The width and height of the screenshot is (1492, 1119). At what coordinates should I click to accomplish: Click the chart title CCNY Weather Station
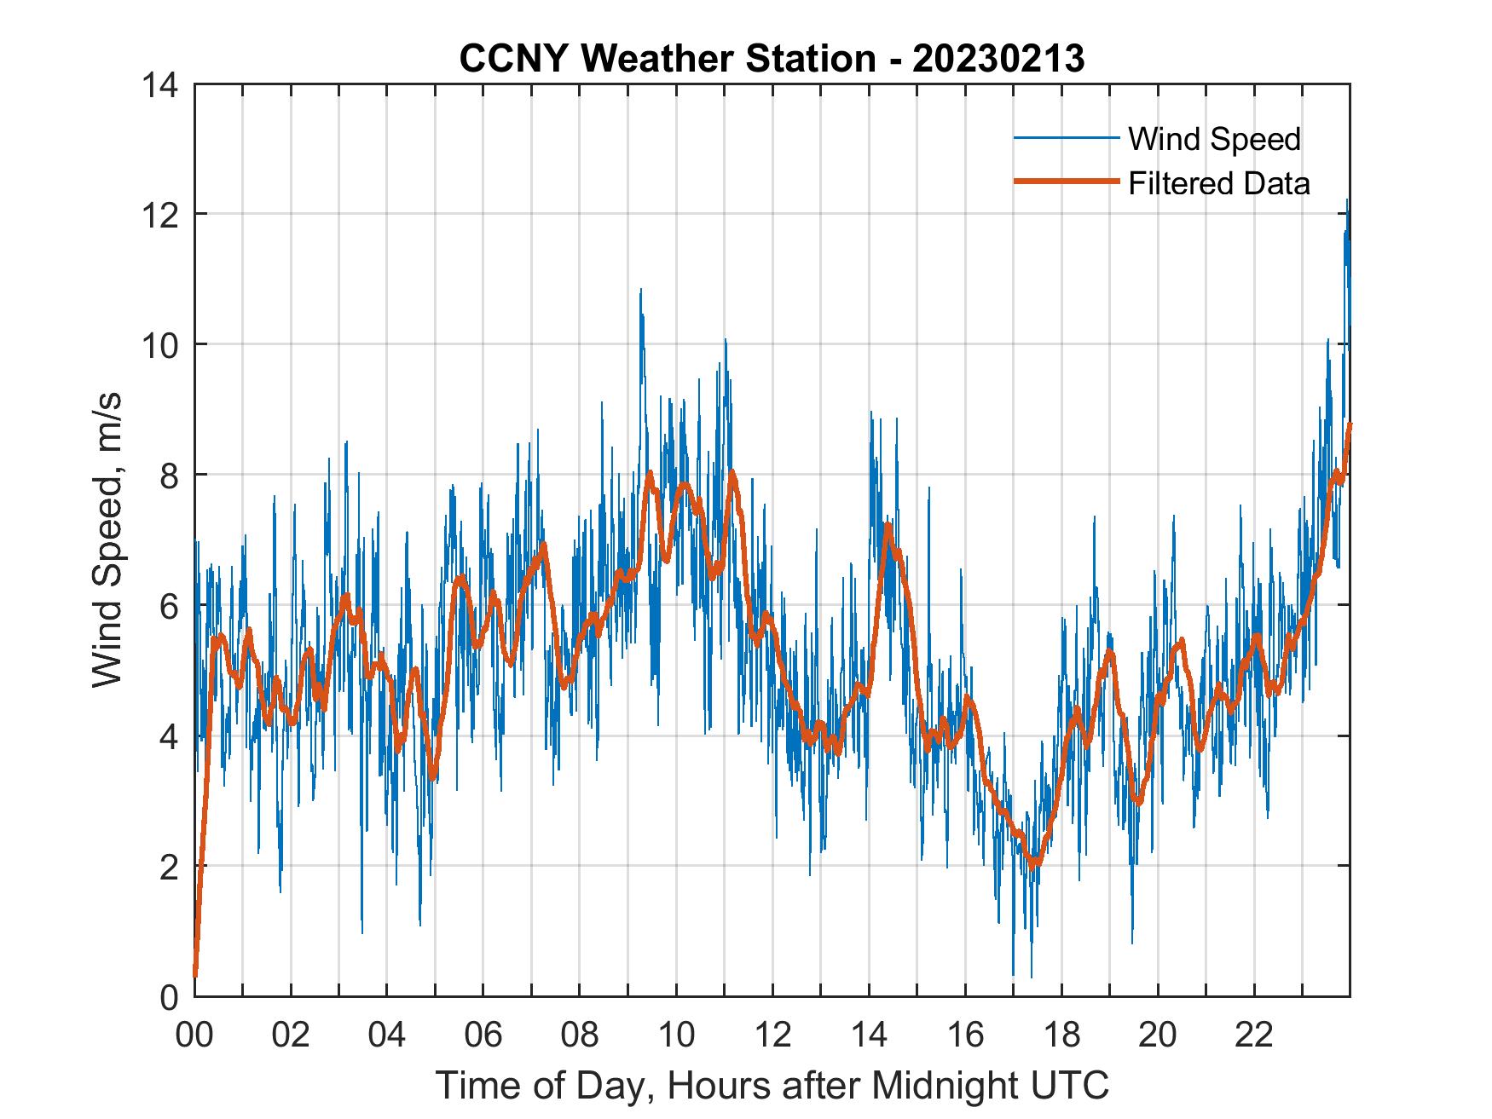(667, 59)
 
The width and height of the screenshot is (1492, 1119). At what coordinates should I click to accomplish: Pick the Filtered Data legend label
(1218, 183)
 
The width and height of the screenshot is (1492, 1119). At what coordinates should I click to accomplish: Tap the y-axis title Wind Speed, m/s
(108, 539)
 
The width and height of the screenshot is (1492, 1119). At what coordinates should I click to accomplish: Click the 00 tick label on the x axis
(194, 1035)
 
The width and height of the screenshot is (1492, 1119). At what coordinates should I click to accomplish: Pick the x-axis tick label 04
(387, 1035)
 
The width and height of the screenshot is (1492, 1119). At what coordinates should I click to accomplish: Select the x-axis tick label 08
(580, 1035)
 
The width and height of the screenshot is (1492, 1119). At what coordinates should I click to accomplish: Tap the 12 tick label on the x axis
(772, 1035)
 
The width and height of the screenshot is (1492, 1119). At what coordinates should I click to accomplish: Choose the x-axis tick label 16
(965, 1035)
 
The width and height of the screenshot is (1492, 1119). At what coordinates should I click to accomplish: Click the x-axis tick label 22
(1254, 1035)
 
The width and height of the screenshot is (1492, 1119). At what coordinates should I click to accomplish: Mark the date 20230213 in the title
(998, 59)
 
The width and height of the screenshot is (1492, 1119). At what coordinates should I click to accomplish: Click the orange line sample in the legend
(1066, 182)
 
